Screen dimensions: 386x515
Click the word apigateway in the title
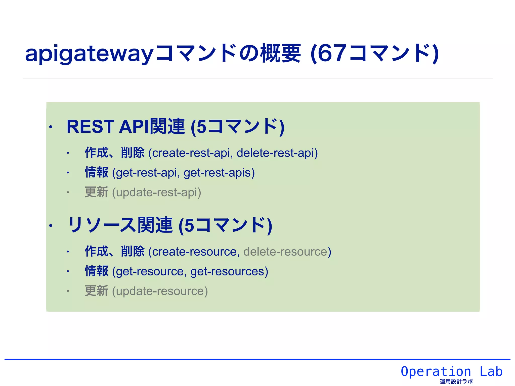point(89,54)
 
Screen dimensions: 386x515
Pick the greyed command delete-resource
point(285,252)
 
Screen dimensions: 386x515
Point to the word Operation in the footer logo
point(436,371)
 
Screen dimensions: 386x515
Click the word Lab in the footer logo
point(491,371)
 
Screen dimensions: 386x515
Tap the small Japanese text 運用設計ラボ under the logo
point(456,381)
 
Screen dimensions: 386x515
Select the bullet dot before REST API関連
point(51,127)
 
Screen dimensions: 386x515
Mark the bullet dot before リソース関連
point(51,226)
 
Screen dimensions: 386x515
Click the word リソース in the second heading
point(102,225)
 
